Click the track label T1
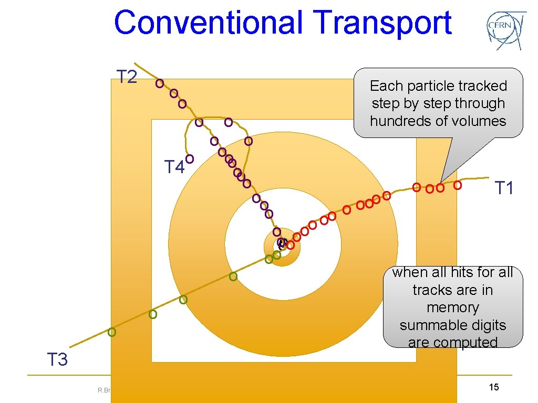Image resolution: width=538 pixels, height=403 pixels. [x=504, y=188]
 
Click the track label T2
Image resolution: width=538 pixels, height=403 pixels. [x=127, y=77]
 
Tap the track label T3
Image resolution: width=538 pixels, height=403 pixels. [x=58, y=360]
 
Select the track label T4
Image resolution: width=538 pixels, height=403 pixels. [x=174, y=167]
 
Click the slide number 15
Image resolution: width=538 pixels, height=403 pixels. [x=493, y=387]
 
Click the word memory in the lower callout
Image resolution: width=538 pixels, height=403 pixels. [x=452, y=307]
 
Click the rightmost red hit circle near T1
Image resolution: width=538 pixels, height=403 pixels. [x=458, y=185]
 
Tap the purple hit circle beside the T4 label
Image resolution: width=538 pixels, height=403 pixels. [x=190, y=158]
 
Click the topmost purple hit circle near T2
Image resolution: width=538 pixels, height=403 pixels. [x=159, y=83]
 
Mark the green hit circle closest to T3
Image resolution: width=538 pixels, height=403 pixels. [x=111, y=332]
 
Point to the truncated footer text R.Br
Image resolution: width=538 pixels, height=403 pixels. [x=103, y=390]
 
